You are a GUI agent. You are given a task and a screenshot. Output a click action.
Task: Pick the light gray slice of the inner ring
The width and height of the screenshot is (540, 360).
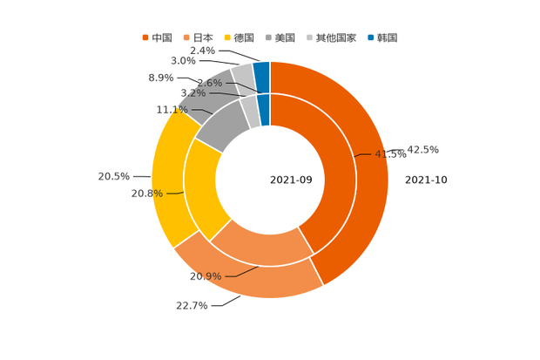(x=250, y=108)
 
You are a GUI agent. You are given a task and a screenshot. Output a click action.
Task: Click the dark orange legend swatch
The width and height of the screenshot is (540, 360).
(x=145, y=37)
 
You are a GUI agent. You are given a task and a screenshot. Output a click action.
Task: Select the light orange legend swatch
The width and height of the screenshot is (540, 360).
(x=186, y=37)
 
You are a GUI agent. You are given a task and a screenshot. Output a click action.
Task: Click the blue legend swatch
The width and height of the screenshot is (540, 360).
(x=370, y=37)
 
